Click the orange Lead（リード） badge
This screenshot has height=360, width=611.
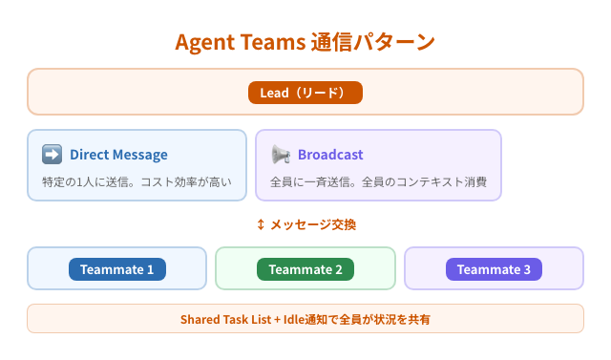[x=305, y=93]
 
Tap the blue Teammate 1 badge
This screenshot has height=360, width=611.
[x=116, y=269]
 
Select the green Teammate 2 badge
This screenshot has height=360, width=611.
[x=305, y=269]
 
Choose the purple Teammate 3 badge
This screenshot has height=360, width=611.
[x=494, y=269]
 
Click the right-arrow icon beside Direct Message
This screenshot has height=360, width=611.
[x=52, y=155]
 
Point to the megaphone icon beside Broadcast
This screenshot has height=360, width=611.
[x=281, y=155]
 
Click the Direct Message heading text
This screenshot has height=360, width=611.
[x=118, y=155]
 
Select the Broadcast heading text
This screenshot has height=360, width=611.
[x=330, y=155]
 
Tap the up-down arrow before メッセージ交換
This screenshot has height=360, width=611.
[x=261, y=224]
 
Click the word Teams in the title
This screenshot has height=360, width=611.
[x=273, y=43]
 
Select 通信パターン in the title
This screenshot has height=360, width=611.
[x=373, y=43]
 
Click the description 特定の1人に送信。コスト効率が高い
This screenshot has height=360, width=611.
[x=137, y=181]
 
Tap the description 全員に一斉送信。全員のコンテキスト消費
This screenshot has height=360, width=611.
[x=379, y=181]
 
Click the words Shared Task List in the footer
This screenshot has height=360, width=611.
[x=224, y=319]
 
